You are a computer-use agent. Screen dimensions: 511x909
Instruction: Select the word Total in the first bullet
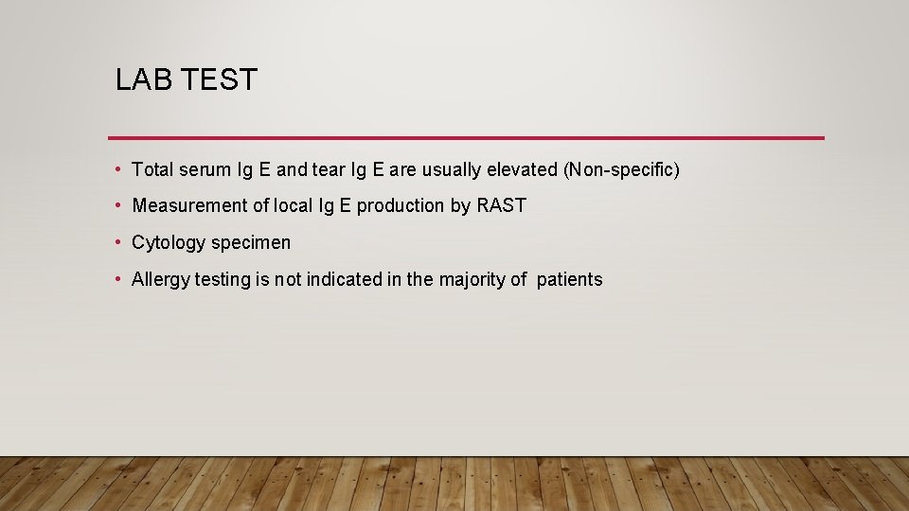coord(152,170)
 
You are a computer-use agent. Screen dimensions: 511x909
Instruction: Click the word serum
coord(204,170)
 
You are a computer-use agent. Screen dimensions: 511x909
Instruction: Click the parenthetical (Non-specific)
coord(621,170)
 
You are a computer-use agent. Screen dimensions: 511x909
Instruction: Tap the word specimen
coord(251,243)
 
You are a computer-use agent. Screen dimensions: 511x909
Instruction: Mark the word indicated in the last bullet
coord(336,280)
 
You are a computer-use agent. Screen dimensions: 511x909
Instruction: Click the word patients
coord(569,280)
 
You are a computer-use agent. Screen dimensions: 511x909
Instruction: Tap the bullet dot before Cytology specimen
coord(117,242)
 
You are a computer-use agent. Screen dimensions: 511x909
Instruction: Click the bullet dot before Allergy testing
coord(117,279)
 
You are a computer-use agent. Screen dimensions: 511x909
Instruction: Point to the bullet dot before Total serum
coord(117,169)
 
